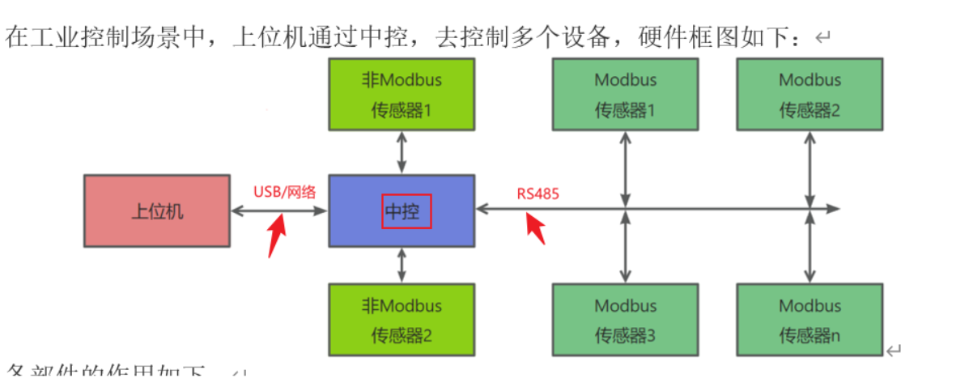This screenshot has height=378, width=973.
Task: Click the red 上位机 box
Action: point(158,210)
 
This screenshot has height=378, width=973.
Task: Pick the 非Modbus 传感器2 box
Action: point(401,321)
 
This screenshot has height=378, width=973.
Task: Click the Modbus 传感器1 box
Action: point(625,94)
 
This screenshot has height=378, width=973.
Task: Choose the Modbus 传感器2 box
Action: point(809,94)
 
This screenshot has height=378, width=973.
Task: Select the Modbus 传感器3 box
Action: point(625,321)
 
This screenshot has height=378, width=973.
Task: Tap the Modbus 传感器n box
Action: point(809,321)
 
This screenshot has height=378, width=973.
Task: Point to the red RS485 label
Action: point(538,194)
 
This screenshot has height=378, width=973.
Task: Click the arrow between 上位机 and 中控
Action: point(279,210)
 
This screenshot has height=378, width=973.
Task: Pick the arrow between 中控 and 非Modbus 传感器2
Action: point(401,266)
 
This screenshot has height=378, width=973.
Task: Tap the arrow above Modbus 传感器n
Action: point(809,247)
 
